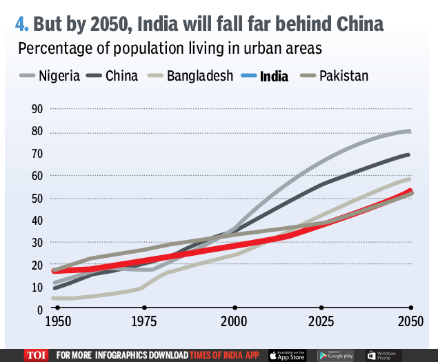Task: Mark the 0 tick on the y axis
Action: [40, 310]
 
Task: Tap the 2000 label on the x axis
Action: [234, 322]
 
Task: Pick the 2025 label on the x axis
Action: [321, 322]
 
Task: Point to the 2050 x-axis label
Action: [409, 322]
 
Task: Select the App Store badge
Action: [286, 354]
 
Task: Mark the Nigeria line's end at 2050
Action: [409, 131]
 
